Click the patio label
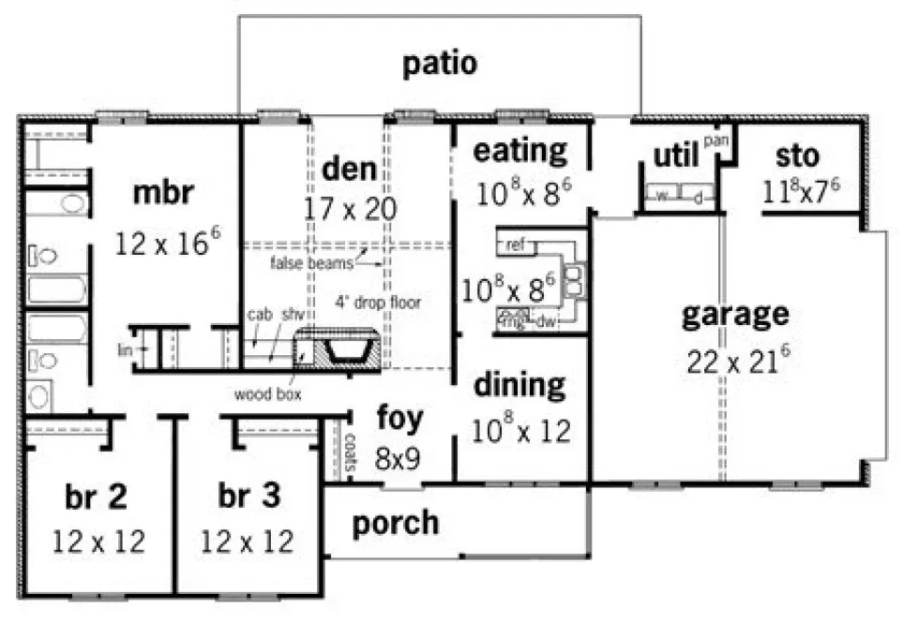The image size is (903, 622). [440, 64]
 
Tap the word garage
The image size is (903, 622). [735, 314]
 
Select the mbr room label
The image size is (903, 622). [163, 193]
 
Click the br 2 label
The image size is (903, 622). [96, 496]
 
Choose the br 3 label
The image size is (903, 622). [248, 496]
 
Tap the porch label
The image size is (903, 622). [395, 523]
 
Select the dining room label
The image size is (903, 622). [519, 384]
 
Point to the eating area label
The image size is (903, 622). [519, 150]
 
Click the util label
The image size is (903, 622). [675, 155]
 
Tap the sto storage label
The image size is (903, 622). [797, 155]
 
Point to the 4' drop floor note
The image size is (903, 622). [379, 303]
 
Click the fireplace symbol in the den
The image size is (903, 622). [340, 351]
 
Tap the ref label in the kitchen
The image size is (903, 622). [515, 245]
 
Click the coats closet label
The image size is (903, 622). [349, 452]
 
